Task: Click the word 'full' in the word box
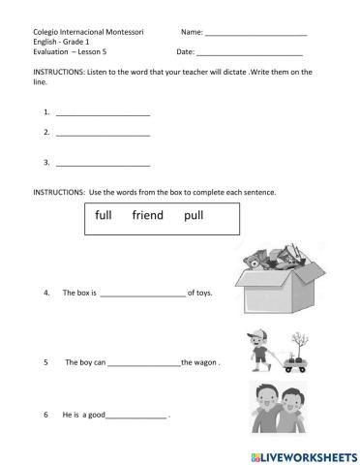104,216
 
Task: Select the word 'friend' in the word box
148,216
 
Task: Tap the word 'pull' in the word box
194,216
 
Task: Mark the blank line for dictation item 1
104,114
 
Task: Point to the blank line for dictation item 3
104,164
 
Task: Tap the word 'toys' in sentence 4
203,293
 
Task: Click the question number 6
45,416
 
